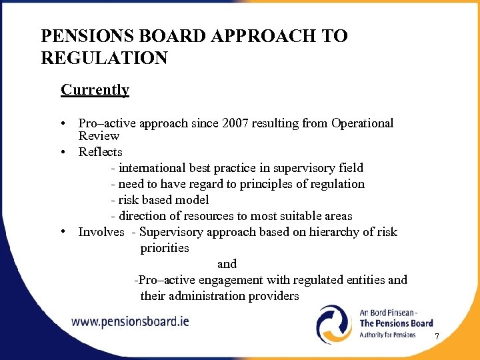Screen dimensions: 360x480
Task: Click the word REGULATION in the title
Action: click(x=104, y=58)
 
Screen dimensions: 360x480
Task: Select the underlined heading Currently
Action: click(x=95, y=89)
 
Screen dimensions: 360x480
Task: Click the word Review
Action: click(x=99, y=136)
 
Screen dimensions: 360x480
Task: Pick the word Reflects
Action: click(x=100, y=152)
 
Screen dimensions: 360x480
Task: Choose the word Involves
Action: click(x=101, y=232)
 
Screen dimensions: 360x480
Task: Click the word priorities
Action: click(x=165, y=248)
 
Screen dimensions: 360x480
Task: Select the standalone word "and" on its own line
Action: click(x=227, y=264)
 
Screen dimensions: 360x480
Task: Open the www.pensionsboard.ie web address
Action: click(x=131, y=321)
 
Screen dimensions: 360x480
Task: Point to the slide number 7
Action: click(x=437, y=337)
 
